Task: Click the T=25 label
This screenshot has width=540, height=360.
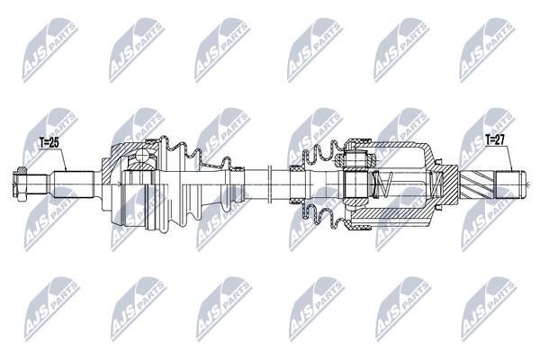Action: [x=49, y=142]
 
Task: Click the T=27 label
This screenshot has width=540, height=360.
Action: [x=495, y=139]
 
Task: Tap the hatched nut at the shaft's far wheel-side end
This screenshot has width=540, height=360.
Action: [x=21, y=184]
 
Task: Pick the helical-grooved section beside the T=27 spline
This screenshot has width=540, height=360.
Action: [x=477, y=185]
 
